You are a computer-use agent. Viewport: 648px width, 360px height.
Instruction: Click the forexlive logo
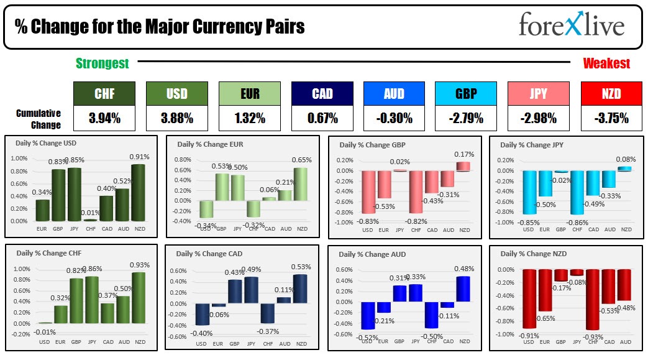[571, 26]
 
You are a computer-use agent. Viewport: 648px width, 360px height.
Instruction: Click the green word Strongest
[102, 63]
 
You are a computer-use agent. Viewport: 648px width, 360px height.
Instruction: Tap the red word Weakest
[606, 63]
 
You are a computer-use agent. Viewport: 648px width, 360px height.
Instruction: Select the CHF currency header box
[104, 94]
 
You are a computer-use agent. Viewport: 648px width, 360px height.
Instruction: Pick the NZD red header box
[610, 94]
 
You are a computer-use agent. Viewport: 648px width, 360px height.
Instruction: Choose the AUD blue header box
[394, 94]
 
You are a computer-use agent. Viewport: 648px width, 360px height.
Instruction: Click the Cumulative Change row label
[39, 119]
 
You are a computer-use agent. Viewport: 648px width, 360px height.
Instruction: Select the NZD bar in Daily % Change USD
[139, 193]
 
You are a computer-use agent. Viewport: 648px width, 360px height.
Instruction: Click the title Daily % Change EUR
[210, 144]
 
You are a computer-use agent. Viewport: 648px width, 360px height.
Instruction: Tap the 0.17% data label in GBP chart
[464, 154]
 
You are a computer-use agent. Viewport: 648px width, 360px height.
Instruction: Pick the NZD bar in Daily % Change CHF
[139, 298]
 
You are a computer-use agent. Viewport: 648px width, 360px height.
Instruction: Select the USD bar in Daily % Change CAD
[202, 314]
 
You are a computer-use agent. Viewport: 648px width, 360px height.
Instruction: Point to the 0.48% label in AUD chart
[464, 269]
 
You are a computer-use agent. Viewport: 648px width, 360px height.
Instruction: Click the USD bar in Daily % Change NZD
[529, 299]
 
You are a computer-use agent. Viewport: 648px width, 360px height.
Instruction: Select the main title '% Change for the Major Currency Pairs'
[160, 27]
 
